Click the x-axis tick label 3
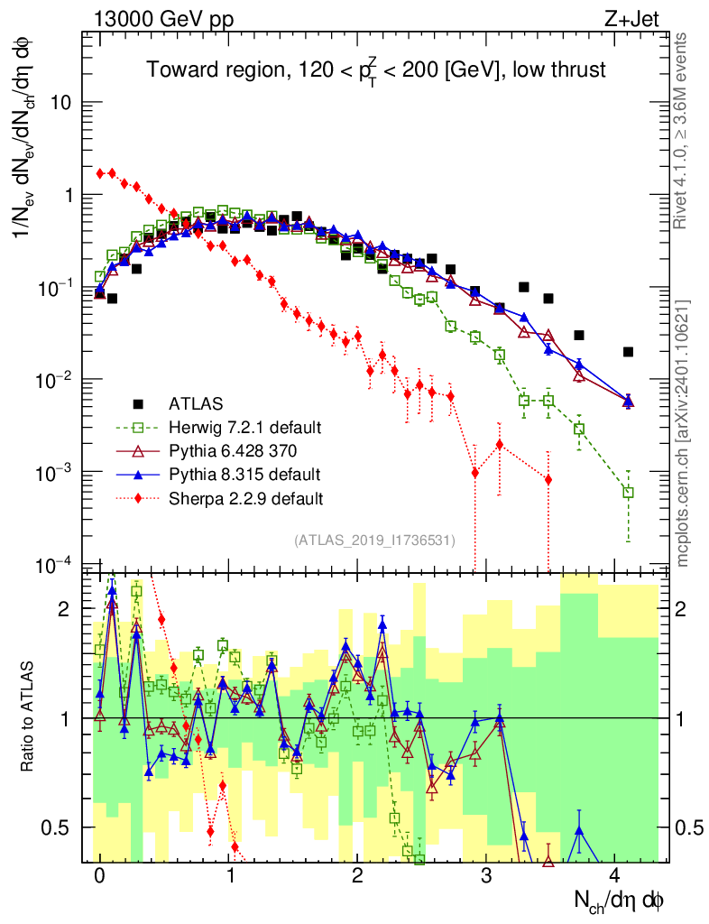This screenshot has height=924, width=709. (x=486, y=877)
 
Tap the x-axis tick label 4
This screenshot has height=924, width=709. (x=615, y=877)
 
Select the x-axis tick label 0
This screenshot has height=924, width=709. (x=99, y=877)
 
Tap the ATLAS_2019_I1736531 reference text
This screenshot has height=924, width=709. (x=373, y=540)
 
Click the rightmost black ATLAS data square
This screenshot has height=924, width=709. (x=628, y=352)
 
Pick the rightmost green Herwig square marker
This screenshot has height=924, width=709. (x=628, y=493)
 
